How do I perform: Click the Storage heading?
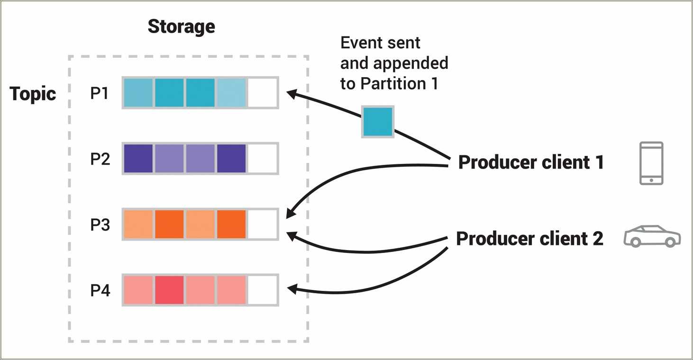coord(181,27)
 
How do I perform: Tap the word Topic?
coord(33,93)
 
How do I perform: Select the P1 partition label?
coord(100,93)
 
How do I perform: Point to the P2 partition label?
coord(100,159)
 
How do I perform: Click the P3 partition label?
coord(100,225)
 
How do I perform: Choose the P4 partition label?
coord(100,290)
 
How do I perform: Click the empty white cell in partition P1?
coord(263,93)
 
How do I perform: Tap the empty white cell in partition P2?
coord(263,158)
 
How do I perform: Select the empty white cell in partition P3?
coord(263,224)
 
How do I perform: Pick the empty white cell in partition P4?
coord(263,290)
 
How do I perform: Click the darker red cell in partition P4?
coord(169,290)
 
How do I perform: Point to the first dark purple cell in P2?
coord(138,158)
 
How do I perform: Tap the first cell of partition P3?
coord(138,224)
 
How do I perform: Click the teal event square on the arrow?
coord(378,122)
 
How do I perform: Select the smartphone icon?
coord(651,163)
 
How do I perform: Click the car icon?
coord(652,236)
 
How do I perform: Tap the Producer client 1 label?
coord(531,162)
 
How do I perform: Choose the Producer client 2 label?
coord(529,239)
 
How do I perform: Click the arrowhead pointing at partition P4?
coord(292,289)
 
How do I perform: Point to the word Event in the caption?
coord(361,43)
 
